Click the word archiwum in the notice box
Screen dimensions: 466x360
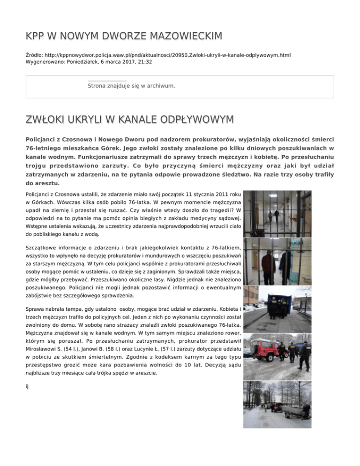(x=161, y=86)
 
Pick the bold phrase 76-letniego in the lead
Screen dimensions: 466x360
(x=44, y=149)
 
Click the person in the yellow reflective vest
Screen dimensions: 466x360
(x=265, y=406)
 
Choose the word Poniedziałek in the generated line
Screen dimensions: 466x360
(x=85, y=62)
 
